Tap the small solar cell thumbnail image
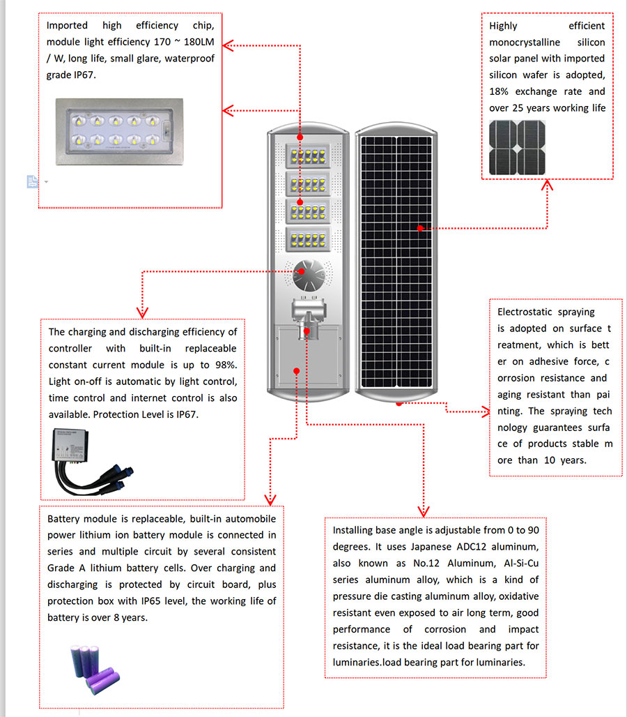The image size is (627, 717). pyautogui.click(x=517, y=148)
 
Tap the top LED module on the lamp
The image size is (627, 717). pyautogui.click(x=306, y=155)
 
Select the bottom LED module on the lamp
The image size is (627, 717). pyautogui.click(x=306, y=239)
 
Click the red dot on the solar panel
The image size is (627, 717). pyautogui.click(x=420, y=228)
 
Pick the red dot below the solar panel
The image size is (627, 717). pyautogui.click(x=399, y=402)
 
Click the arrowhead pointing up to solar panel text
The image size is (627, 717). pyautogui.click(x=548, y=186)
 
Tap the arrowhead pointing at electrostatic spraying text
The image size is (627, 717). pyautogui.click(x=486, y=412)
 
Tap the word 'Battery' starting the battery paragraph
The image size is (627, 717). pyautogui.click(x=63, y=519)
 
